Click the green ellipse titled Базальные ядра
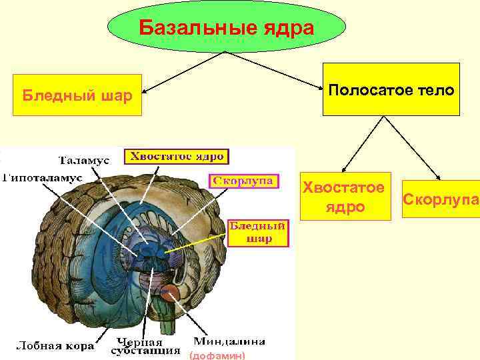coord(227,29)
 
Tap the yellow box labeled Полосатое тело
coord(391,89)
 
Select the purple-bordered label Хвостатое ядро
coord(177,157)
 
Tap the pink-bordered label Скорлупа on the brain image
coord(243,181)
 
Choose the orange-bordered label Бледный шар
coord(259,233)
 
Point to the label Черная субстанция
coord(145,347)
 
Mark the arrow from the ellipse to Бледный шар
coord(183,71)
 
